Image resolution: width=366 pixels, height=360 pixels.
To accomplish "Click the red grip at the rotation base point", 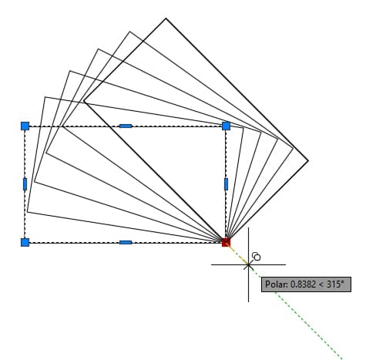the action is [226, 242].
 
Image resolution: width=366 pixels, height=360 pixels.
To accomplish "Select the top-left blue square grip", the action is [25, 126].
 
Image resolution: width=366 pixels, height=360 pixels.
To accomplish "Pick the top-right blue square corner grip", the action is [226, 126].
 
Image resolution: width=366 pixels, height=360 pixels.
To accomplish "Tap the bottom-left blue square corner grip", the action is [25, 242].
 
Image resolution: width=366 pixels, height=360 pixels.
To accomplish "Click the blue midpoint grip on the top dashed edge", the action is [126, 126].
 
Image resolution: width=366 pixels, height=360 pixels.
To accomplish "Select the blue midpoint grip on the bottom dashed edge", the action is [126, 242].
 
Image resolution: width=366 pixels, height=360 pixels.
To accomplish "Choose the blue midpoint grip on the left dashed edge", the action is [25, 184].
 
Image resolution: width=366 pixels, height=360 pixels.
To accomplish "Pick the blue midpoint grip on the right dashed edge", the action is [226, 184].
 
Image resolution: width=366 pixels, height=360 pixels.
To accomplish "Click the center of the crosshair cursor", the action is [248, 264].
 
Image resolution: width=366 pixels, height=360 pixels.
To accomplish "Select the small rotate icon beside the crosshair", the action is [256, 257].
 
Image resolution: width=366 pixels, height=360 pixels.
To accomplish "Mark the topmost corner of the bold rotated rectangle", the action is [166, 19].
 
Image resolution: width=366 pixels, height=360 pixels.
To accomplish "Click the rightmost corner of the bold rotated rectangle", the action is [308, 161].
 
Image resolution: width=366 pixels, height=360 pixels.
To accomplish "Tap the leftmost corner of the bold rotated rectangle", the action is [84, 101].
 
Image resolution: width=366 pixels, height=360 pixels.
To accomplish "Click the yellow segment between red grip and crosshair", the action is [237, 254].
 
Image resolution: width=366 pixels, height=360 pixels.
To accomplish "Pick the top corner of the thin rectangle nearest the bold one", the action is [129, 32].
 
